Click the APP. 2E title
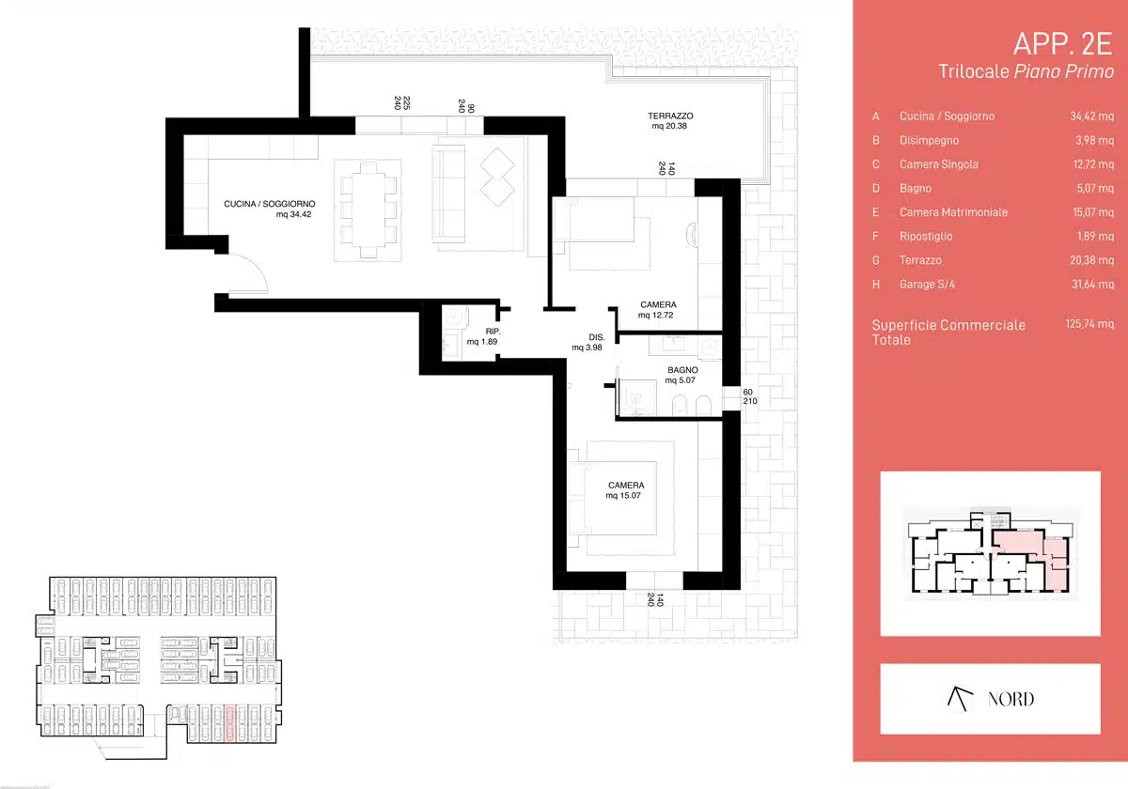click(1062, 44)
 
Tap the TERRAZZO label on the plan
click(670, 116)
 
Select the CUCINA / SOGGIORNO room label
click(270, 204)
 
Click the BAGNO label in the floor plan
click(682, 370)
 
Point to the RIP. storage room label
click(493, 331)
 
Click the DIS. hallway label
click(597, 337)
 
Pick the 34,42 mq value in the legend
click(1091, 116)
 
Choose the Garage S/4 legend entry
click(927, 285)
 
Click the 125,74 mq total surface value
click(1089, 324)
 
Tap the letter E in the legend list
click(876, 212)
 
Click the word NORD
click(1010, 699)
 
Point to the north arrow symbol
click(960, 699)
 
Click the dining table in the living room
click(368, 209)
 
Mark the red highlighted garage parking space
click(229, 723)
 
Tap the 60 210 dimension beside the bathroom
click(750, 396)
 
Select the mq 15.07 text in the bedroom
click(623, 496)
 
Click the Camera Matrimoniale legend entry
click(953, 212)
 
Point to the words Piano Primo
click(1063, 71)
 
